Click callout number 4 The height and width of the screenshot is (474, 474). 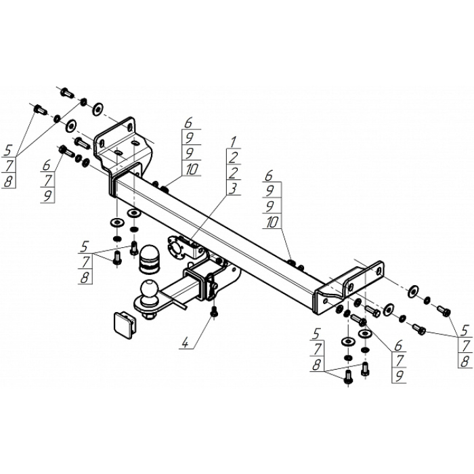click(x=185, y=343)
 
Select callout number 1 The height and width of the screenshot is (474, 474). click(x=234, y=141)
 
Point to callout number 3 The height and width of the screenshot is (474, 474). click(x=234, y=188)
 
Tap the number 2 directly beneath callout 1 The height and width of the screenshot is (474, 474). click(x=234, y=157)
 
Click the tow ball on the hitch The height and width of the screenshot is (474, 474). click(x=149, y=290)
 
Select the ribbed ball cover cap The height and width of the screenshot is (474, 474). click(x=149, y=258)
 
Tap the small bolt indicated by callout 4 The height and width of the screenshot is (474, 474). click(x=215, y=312)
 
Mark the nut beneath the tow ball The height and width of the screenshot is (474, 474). click(x=149, y=316)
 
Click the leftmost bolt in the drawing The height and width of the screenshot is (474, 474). click(x=39, y=109)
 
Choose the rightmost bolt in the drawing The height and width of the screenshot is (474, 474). click(x=444, y=311)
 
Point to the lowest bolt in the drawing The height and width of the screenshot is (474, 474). click(x=348, y=376)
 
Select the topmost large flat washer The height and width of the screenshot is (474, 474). click(x=98, y=109)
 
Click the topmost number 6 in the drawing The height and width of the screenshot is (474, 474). click(x=188, y=123)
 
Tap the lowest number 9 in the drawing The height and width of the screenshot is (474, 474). click(x=399, y=376)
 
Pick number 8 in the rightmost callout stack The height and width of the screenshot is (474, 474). click(x=465, y=361)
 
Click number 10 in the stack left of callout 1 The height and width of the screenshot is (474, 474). click(x=192, y=170)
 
